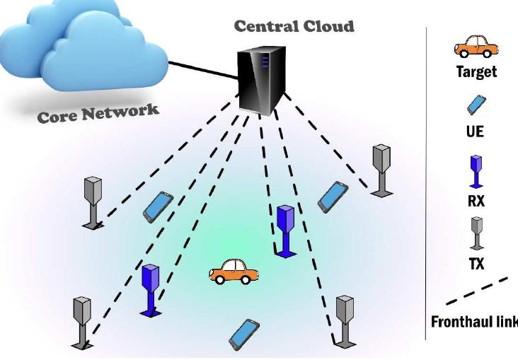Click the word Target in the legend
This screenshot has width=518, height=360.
(x=476, y=72)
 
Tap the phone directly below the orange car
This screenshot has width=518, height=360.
(x=244, y=333)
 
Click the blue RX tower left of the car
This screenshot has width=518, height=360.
(x=151, y=289)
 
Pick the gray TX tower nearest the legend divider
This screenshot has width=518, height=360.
(x=381, y=170)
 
